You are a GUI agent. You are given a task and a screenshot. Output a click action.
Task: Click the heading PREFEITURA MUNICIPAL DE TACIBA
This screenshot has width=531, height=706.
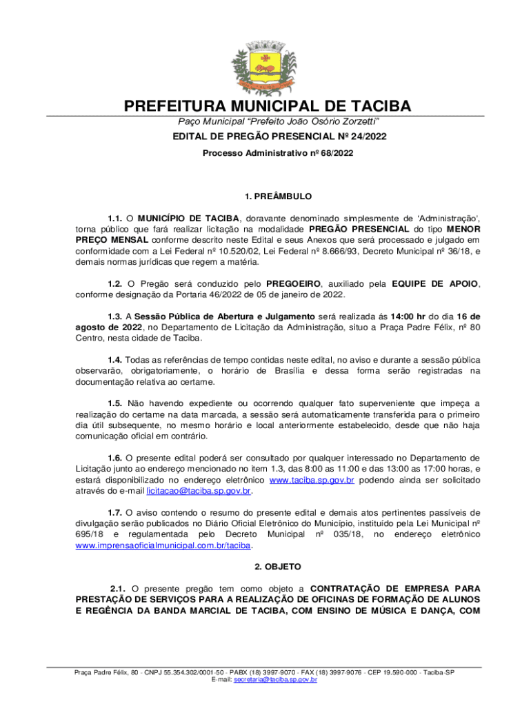[x=267, y=106]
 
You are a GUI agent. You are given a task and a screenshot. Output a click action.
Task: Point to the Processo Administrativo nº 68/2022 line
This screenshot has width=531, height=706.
[x=277, y=153]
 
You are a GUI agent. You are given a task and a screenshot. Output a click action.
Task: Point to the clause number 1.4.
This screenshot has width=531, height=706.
[x=114, y=360]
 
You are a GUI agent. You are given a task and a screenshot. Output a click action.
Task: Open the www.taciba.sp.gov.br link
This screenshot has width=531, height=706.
[x=312, y=481]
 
